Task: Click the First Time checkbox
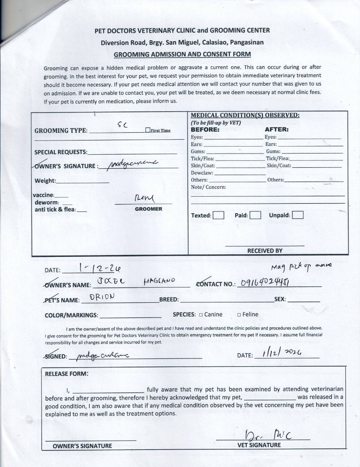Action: point(148,130)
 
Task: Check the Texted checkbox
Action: point(219,215)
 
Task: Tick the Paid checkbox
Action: point(255,215)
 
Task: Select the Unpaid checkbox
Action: point(298,215)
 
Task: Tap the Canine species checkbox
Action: point(201,315)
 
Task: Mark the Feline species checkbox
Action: point(239,315)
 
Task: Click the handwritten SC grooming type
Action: point(122,125)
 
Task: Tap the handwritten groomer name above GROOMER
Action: point(144,199)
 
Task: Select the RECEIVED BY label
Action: point(265,250)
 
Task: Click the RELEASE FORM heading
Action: point(67,374)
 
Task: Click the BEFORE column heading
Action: point(205,129)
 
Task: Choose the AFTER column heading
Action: point(276,129)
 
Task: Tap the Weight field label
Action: point(45,181)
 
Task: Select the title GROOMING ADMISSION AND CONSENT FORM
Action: point(182,54)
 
